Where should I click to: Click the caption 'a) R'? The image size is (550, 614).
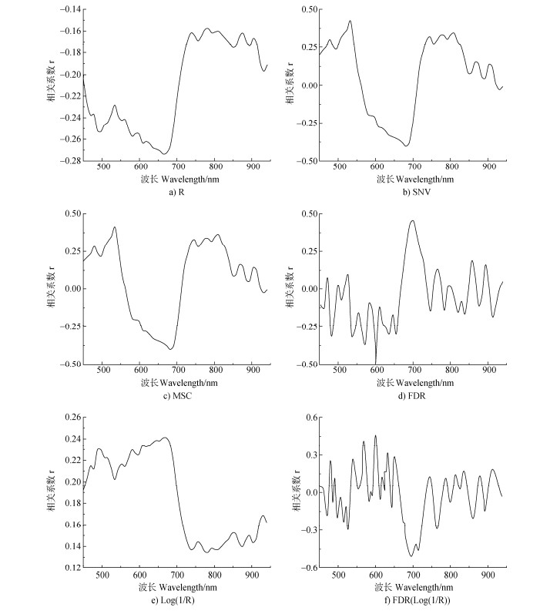click(178, 193)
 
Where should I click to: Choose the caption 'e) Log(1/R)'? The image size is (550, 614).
click(178, 600)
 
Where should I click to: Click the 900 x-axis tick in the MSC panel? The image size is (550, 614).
click(253, 371)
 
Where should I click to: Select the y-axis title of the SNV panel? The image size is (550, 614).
click(292, 85)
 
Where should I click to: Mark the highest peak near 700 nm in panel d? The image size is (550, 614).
click(413, 221)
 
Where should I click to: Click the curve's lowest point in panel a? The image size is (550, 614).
click(164, 154)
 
